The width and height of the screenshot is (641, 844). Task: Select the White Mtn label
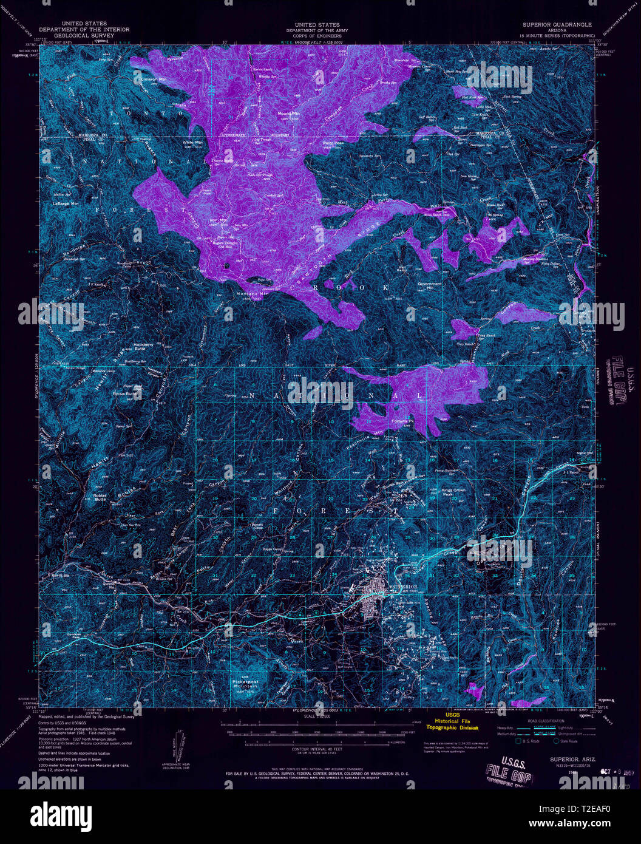pos(192,143)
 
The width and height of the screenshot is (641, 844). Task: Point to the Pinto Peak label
pos(333,143)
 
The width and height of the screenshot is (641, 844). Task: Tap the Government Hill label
pos(430,286)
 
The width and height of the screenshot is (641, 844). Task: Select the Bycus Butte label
pos(126,393)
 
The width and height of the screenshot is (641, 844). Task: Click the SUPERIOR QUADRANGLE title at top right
pos(557,25)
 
